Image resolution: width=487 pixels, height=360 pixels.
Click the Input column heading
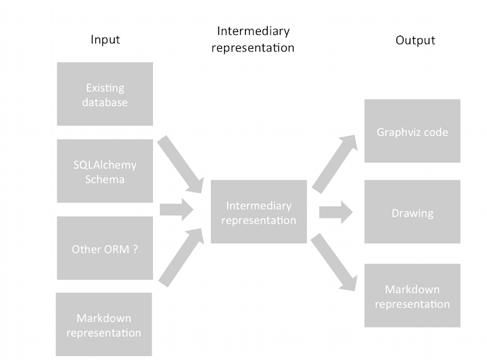[x=105, y=39]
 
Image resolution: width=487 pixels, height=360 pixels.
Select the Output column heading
[x=415, y=40]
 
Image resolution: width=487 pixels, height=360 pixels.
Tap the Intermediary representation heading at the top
[x=255, y=39]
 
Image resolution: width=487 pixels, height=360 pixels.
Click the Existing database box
[x=105, y=95]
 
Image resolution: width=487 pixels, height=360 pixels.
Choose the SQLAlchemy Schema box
[x=105, y=171]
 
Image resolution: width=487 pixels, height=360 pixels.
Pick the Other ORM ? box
[x=105, y=249]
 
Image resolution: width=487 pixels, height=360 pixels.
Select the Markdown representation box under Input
[x=104, y=324]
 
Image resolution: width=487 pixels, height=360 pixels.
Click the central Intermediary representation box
[x=259, y=212]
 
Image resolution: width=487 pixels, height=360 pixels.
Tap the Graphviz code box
[x=412, y=132]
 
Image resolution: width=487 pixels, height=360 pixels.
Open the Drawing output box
[x=412, y=212]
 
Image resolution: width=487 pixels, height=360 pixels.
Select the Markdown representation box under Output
[x=412, y=297]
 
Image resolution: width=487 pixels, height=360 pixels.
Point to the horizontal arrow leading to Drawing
[x=335, y=212]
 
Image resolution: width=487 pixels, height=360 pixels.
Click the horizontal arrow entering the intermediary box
[x=176, y=209]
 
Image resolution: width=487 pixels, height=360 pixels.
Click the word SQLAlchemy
[x=105, y=165]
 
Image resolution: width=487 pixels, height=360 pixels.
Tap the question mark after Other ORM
[x=134, y=249]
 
